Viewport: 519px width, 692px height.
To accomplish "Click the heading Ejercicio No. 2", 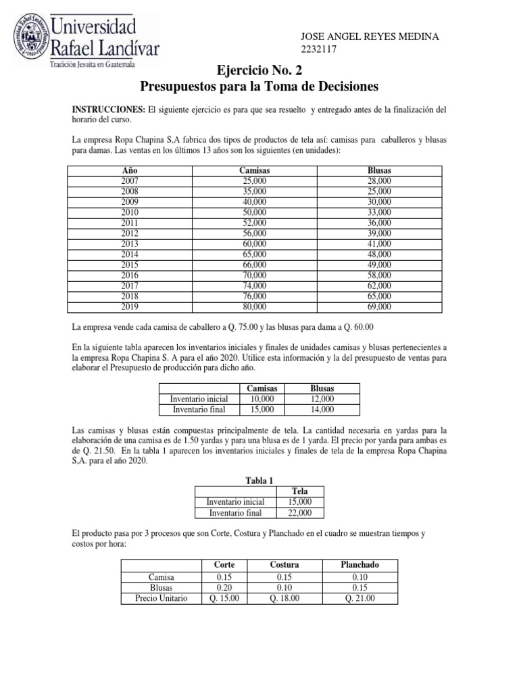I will tap(259, 71).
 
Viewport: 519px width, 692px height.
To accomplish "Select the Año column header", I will tap(129, 170).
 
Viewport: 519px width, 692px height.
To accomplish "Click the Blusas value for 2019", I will tap(379, 306).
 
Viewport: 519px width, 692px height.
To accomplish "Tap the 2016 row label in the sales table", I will tap(129, 275).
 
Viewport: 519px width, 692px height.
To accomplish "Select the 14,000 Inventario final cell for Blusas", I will tap(322, 409).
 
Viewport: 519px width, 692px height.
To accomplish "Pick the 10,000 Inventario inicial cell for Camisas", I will tap(262, 399).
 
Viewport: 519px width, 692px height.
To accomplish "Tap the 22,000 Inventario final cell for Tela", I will tap(299, 512).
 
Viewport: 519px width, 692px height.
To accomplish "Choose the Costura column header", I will tap(284, 564).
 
